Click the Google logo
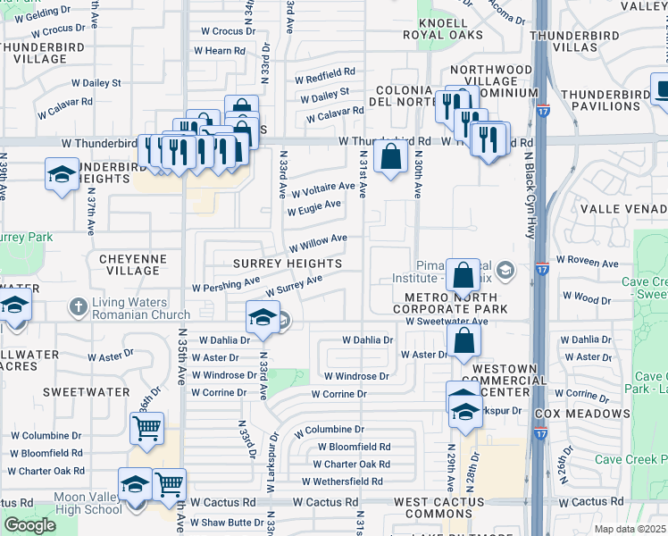pyautogui.click(x=29, y=524)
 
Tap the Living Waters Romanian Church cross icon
pyautogui.click(x=79, y=306)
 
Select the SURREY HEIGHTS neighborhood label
pyautogui.click(x=288, y=264)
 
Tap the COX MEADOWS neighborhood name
pyautogui.click(x=581, y=415)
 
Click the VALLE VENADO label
pyautogui.click(x=624, y=208)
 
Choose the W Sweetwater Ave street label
pyautogui.click(x=447, y=321)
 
